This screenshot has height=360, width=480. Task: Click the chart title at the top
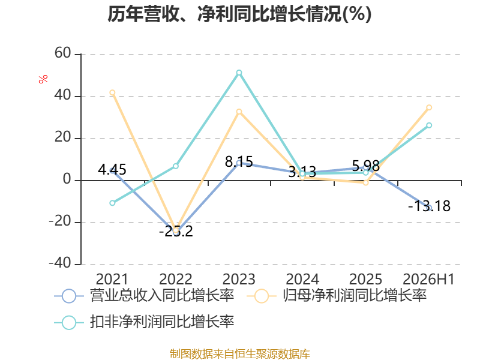pyautogui.click(x=239, y=14)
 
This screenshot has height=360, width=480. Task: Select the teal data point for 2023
pyautogui.click(x=239, y=73)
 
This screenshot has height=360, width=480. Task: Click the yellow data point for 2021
pyautogui.click(x=112, y=92)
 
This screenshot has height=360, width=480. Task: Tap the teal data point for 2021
pyautogui.click(x=112, y=203)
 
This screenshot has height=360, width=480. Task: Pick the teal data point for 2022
pyautogui.click(x=176, y=166)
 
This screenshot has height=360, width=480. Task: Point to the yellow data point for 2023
pyautogui.click(x=239, y=112)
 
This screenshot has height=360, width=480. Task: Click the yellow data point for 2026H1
pyautogui.click(x=429, y=107)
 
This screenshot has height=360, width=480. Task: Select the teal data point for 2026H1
pyautogui.click(x=429, y=125)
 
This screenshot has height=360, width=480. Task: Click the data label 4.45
pyautogui.click(x=112, y=170)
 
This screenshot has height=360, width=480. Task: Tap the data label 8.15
pyautogui.click(x=239, y=161)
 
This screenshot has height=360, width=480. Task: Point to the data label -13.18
pyautogui.click(x=429, y=206)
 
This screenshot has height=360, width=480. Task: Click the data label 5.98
pyautogui.click(x=366, y=166)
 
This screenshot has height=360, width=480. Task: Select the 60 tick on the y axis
pyautogui.click(x=63, y=53)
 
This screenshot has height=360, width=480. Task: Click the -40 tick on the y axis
pyautogui.click(x=60, y=263)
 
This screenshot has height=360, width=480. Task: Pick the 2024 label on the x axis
pyautogui.click(x=302, y=279)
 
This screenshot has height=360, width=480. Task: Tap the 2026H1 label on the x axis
pyautogui.click(x=428, y=279)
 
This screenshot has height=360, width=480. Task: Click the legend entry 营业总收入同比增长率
pyautogui.click(x=145, y=296)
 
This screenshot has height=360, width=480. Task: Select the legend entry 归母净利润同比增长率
pyautogui.click(x=337, y=296)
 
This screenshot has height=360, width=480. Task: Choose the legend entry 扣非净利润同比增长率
pyautogui.click(x=145, y=322)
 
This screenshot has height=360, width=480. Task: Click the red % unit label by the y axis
pyautogui.click(x=43, y=79)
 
